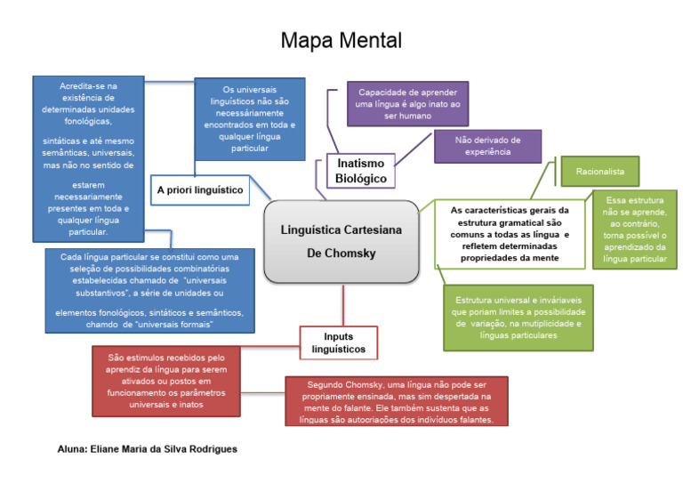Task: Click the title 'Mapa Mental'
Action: point(341,40)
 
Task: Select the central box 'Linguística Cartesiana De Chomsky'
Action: point(341,241)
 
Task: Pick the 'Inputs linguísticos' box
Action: point(338,342)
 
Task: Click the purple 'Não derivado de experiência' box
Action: point(487,146)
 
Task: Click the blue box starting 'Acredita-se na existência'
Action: point(87,158)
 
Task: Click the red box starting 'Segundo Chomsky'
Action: point(397,401)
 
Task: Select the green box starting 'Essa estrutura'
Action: point(634,229)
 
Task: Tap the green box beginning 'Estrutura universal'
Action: point(518,318)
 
